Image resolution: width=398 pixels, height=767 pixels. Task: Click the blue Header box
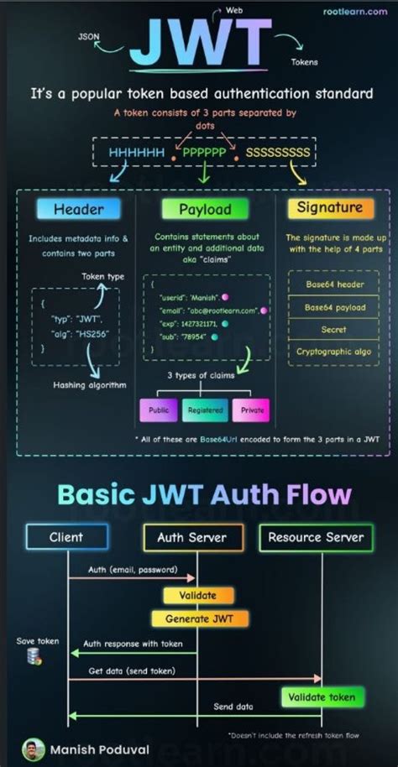point(77,208)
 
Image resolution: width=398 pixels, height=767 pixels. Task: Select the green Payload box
point(205,208)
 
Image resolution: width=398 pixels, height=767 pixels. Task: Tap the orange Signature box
point(330,207)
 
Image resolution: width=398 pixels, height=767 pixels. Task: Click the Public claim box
point(158,410)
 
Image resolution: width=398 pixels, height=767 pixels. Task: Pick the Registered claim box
point(205,410)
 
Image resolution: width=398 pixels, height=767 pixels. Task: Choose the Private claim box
point(252,410)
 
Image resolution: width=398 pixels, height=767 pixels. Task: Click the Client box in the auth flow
point(66,537)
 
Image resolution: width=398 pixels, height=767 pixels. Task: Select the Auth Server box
point(193,537)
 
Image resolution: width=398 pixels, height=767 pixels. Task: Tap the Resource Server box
point(315,537)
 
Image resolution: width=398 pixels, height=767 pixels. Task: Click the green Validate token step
point(322,697)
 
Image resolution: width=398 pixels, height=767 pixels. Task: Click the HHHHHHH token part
point(136,153)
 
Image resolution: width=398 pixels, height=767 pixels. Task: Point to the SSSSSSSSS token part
point(278,153)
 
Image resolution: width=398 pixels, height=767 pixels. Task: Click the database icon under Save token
point(34,656)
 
